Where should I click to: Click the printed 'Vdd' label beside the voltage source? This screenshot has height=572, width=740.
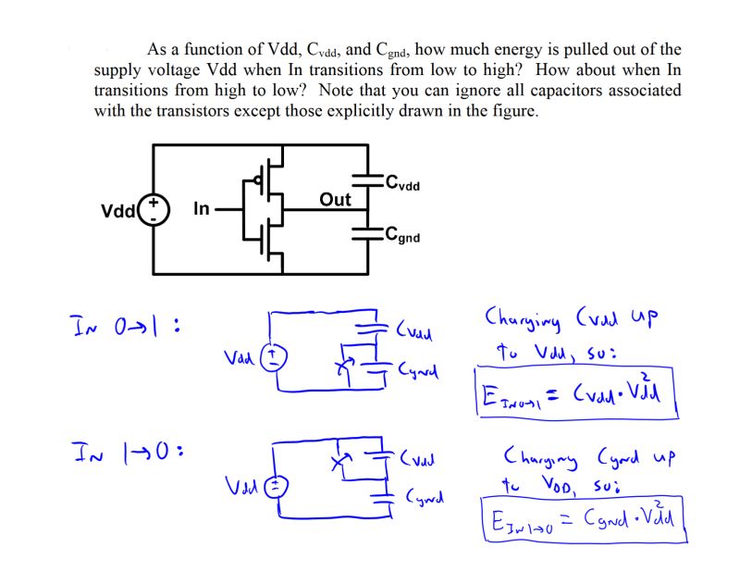click(x=117, y=211)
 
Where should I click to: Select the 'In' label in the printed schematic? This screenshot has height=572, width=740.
click(x=202, y=209)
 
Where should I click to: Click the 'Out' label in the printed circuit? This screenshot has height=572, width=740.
click(x=335, y=200)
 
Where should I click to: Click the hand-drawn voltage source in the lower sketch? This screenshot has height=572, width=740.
click(x=277, y=483)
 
